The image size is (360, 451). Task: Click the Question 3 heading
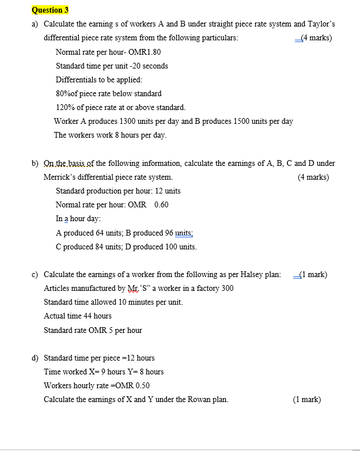tap(51, 10)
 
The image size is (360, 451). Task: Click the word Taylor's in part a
tap(321, 24)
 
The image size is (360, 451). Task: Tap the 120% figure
tap(66, 107)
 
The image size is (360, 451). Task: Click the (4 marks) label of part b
tap(313, 177)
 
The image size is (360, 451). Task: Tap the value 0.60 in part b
tap(161, 204)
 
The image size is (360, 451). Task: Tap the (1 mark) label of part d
tap(307, 399)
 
